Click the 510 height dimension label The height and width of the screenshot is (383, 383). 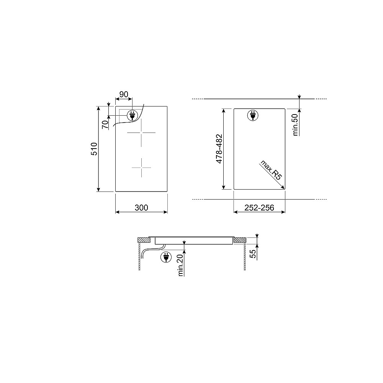tap(94, 149)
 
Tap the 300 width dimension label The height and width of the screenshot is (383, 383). tap(141, 208)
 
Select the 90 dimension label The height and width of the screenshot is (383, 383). tap(124, 94)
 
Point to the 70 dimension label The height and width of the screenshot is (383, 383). tap(105, 124)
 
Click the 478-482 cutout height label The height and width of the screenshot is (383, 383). tap(219, 149)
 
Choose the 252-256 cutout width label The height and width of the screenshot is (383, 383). tap(259, 208)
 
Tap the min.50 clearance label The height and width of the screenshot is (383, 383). tap(295, 124)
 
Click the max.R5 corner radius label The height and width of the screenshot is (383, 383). tap(271, 170)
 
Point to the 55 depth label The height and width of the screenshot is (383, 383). tap(253, 254)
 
